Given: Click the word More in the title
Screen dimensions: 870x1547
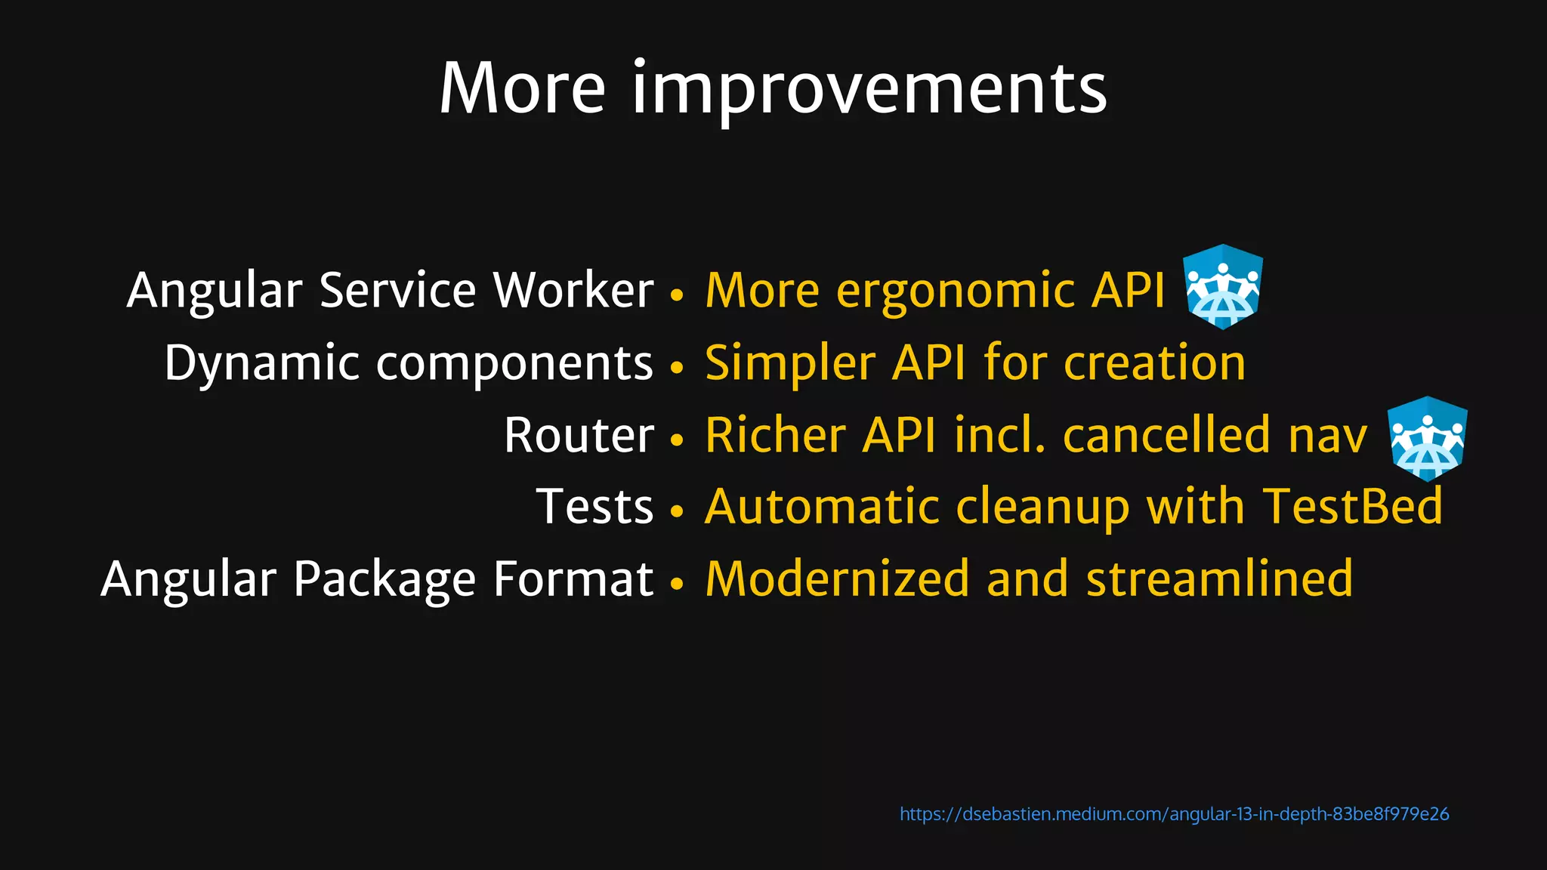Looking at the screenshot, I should pyautogui.click(x=522, y=89).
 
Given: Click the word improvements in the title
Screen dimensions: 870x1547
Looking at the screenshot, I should pyautogui.click(x=869, y=89).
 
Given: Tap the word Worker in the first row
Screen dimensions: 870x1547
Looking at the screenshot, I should pyautogui.click(x=573, y=290).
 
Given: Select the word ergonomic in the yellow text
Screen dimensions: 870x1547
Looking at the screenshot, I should pyautogui.click(x=955, y=292).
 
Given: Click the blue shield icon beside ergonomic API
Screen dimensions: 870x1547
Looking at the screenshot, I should pyautogui.click(x=1222, y=287).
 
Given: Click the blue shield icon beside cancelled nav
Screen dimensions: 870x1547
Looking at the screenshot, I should pyautogui.click(x=1427, y=439).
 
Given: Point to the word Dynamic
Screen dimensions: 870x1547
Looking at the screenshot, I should pyautogui.click(x=261, y=363).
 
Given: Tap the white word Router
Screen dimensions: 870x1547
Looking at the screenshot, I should pyautogui.click(x=579, y=436).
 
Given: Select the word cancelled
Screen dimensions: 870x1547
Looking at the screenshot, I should pyautogui.click(x=1166, y=436).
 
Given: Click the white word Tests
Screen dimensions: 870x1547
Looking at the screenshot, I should pyautogui.click(x=594, y=507).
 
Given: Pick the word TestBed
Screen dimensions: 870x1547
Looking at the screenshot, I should pyautogui.click(x=1352, y=507).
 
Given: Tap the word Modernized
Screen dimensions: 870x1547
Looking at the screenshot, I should pyautogui.click(x=837, y=579).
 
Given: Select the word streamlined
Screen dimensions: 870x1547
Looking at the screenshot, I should pyautogui.click(x=1219, y=579).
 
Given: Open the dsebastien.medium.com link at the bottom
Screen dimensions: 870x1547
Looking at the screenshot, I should pyautogui.click(x=1174, y=814).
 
